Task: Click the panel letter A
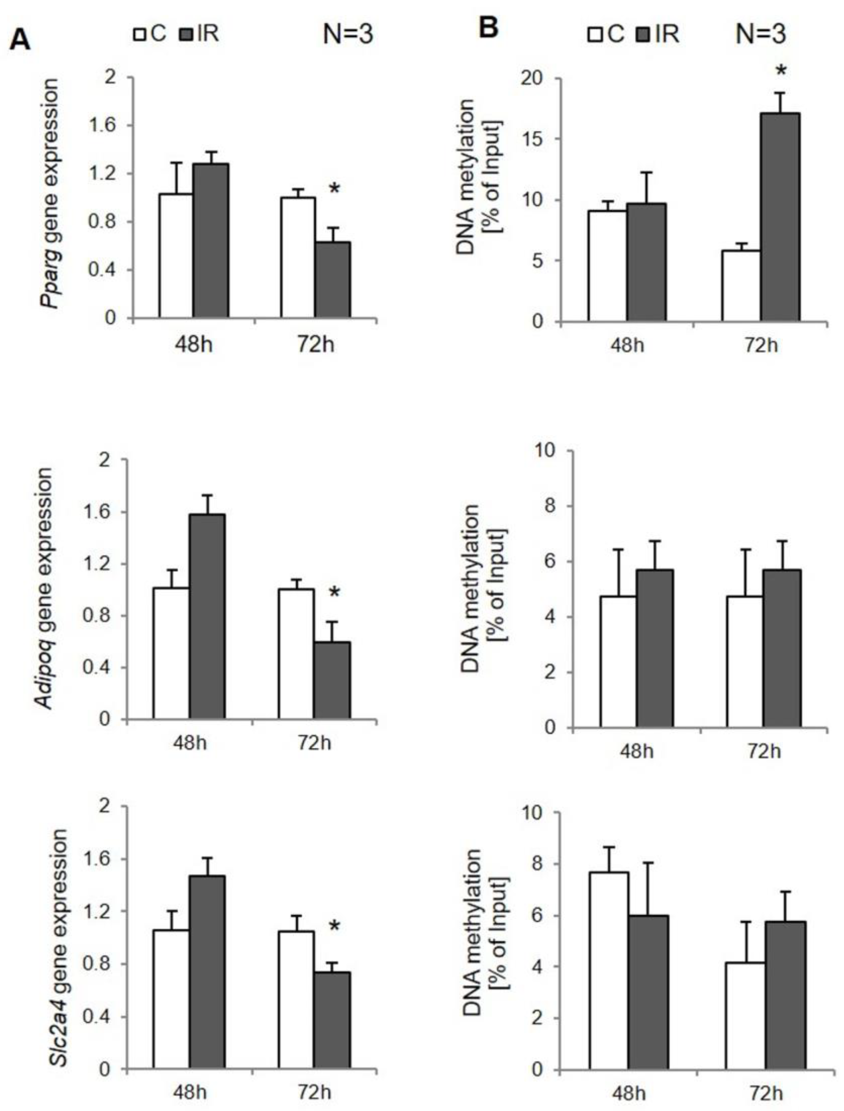click(x=21, y=39)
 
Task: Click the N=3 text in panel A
click(x=348, y=35)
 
